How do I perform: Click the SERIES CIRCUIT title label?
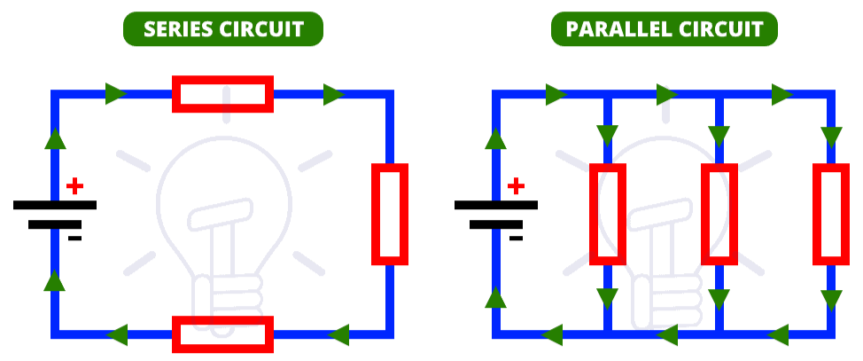point(222,29)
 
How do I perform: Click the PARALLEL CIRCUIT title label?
point(664,29)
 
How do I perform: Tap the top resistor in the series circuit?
point(222,94)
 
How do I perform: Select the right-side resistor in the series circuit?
point(389,214)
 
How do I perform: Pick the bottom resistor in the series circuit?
point(222,334)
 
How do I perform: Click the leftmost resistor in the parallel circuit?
point(608,214)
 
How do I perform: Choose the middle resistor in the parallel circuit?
point(719,214)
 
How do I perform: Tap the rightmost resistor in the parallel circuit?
point(830,214)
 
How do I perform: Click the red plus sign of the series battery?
point(75,186)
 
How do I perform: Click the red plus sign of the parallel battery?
point(516,186)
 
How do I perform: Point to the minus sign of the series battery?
point(75,238)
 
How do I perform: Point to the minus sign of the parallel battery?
point(516,238)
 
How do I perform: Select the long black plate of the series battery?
point(55,205)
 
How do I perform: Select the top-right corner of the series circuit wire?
point(389,94)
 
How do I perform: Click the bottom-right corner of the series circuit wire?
point(389,334)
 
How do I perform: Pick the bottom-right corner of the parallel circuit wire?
point(830,334)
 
